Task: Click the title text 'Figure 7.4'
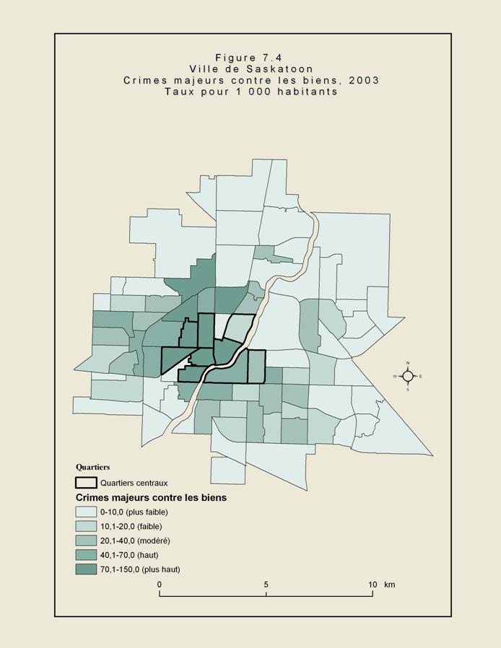coord(250,57)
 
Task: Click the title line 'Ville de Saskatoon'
coord(250,69)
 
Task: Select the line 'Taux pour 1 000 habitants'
coord(250,92)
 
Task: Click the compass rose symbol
coord(407,376)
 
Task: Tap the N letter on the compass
coord(407,363)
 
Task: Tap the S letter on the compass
coord(407,390)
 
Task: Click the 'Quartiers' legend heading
coord(93,468)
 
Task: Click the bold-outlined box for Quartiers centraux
coord(87,483)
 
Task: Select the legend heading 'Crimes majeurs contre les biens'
coord(151,498)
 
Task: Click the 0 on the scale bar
coord(160,584)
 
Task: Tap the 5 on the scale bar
coord(266,584)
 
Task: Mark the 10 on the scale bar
coord(373,584)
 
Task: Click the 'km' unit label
coord(390,584)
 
